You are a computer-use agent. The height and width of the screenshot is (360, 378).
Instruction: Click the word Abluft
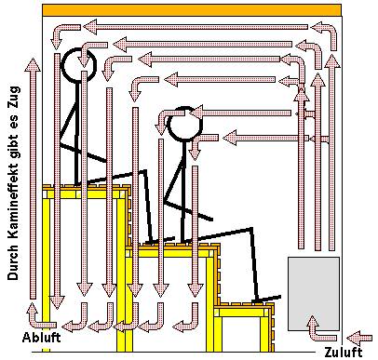click(41, 337)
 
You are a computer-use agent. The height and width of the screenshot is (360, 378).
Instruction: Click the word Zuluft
click(343, 353)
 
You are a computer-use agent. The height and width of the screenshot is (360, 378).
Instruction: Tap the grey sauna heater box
click(314, 294)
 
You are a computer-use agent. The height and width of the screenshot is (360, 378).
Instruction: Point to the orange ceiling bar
click(192, 10)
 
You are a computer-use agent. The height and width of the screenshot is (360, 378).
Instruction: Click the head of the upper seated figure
click(78, 64)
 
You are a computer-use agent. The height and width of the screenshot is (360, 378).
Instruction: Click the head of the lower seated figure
click(184, 124)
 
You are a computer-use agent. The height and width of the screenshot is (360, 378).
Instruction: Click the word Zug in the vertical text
click(14, 96)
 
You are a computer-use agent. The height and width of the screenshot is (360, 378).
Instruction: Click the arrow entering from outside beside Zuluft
click(359, 339)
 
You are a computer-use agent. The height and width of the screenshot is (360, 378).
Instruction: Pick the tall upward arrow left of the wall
click(33, 179)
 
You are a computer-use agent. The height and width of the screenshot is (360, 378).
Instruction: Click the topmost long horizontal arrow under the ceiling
click(196, 27)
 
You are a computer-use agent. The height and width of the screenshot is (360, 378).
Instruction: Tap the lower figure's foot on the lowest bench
click(267, 299)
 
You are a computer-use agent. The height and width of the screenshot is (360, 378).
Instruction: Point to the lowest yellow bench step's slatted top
click(244, 304)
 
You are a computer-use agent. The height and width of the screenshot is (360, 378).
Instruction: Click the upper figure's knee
click(144, 171)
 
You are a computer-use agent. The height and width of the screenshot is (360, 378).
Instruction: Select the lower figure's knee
click(251, 230)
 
